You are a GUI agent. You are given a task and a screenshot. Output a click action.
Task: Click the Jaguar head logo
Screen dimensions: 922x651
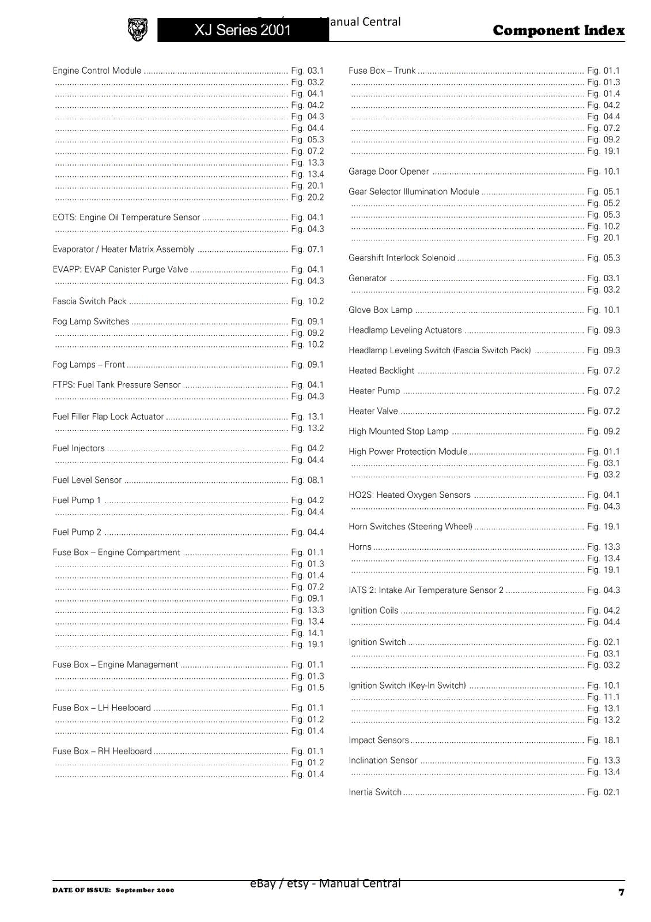[137, 29]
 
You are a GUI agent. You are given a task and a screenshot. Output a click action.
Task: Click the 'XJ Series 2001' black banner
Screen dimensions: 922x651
[243, 30]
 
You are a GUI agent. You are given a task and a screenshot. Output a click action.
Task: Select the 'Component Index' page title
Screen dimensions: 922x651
[558, 31]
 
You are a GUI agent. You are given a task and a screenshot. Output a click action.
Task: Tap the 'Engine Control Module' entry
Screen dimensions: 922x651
[97, 71]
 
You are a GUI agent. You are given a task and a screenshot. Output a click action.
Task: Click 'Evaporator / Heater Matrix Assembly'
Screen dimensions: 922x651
[123, 250]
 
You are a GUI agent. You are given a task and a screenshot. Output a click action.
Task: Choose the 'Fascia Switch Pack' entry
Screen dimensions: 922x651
[89, 301]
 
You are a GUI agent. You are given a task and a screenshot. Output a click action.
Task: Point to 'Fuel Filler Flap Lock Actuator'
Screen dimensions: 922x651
[108, 417]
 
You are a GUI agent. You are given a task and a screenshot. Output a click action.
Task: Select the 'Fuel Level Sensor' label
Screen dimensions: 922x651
[87, 480]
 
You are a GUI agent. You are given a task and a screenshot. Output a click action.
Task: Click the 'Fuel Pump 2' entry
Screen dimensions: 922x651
[77, 532]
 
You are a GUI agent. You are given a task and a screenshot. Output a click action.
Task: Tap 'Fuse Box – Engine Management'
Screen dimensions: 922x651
[115, 664]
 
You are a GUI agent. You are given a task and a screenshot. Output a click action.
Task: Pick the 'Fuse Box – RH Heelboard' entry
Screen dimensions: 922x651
[102, 751]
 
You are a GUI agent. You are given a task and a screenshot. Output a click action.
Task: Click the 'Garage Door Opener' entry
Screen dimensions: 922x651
[388, 172]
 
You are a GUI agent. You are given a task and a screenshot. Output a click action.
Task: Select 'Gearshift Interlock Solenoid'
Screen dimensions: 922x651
[402, 258]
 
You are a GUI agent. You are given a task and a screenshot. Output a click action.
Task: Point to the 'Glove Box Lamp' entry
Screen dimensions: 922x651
[380, 310]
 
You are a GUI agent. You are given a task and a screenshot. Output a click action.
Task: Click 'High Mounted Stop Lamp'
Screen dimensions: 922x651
[398, 432]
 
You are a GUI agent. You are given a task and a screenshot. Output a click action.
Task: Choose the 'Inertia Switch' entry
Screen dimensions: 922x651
[374, 792]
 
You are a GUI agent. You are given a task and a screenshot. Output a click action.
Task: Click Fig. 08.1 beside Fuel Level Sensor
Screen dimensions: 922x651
[307, 480]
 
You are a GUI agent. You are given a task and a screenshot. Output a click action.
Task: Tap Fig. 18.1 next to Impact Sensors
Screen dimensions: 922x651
[603, 740]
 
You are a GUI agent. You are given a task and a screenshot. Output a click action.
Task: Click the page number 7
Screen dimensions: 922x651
[621, 892]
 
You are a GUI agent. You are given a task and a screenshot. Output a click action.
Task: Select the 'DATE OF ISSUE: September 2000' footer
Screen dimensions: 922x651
[113, 890]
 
